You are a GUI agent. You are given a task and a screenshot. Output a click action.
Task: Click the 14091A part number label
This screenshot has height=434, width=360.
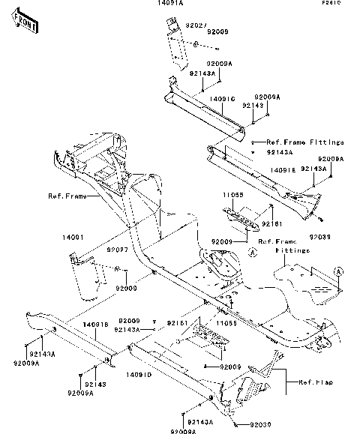(169, 4)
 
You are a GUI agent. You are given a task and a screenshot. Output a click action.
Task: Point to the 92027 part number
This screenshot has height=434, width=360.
(175, 25)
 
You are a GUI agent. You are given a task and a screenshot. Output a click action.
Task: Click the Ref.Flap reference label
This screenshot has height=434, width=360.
(315, 382)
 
